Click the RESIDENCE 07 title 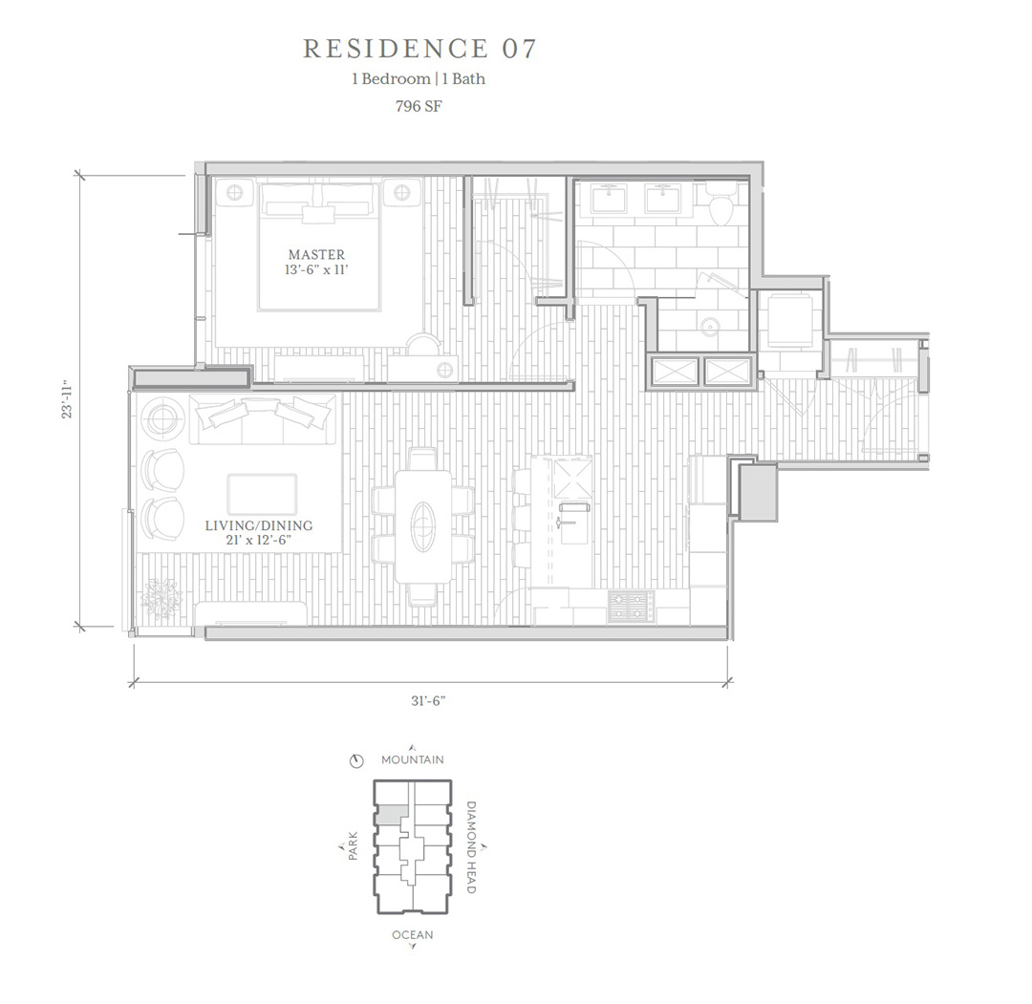point(419,49)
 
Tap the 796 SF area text point(419,105)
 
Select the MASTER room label point(316,254)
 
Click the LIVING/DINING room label point(259,525)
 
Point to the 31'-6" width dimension point(428,700)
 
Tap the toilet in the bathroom point(721,203)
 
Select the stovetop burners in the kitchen point(632,607)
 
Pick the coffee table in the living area point(262,494)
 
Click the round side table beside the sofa point(160,417)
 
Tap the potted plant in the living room point(160,597)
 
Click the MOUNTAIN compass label point(413,759)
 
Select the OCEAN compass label point(413,935)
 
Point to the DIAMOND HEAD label point(471,846)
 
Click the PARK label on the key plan point(354,846)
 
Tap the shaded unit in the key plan point(392,813)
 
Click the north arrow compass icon point(356,761)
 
